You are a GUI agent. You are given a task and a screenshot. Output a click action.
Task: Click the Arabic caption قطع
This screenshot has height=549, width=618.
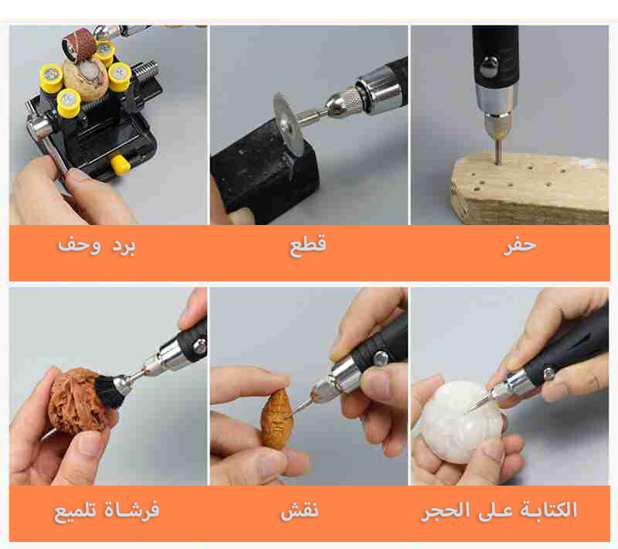pyautogui.click(x=307, y=245)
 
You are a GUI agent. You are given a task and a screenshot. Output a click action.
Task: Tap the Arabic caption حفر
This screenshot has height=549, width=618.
pyautogui.click(x=520, y=245)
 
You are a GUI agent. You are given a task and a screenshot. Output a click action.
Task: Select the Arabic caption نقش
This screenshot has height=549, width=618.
pyautogui.click(x=300, y=510)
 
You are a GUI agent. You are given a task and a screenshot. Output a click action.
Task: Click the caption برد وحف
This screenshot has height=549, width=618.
pyautogui.click(x=97, y=245)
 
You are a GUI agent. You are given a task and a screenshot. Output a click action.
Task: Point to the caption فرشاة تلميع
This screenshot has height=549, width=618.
pyautogui.click(x=107, y=510)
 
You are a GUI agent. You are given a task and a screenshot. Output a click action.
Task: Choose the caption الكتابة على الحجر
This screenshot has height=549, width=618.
pyautogui.click(x=499, y=510)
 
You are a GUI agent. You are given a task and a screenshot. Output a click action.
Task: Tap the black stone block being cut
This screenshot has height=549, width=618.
pyautogui.click(x=265, y=173)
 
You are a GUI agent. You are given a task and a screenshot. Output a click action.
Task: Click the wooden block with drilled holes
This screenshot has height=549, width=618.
pyautogui.click(x=529, y=189)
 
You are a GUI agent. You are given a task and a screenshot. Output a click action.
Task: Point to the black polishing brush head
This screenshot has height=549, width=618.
pyautogui.click(x=110, y=390)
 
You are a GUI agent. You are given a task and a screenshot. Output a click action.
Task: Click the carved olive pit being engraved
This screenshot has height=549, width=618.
pyautogui.click(x=277, y=419)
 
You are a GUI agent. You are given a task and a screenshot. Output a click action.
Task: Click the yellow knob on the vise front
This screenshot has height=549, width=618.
pyautogui.click(x=121, y=164)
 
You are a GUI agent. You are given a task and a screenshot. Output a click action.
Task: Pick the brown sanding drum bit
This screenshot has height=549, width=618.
pyautogui.click(x=80, y=44)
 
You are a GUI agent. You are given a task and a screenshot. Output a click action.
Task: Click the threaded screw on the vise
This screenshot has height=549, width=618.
pyautogui.click(x=147, y=72)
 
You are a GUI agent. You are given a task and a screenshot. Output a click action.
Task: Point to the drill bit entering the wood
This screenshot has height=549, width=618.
pyautogui.click(x=498, y=151)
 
